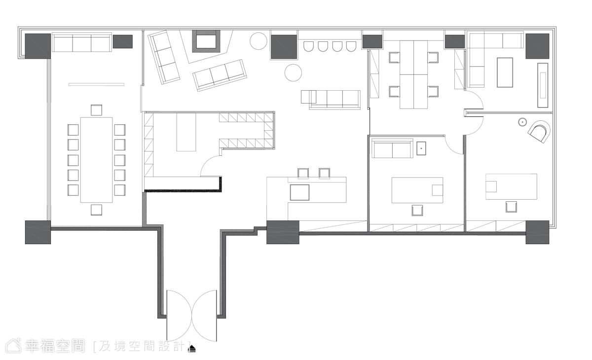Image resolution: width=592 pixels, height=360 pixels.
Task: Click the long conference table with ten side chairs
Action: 97,160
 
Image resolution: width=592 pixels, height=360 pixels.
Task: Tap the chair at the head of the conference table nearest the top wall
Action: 97,110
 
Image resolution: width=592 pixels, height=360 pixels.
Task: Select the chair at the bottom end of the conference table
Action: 97,210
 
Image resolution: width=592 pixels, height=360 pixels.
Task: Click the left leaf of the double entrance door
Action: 179,316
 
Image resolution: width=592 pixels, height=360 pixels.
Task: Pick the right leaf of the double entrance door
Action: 205,316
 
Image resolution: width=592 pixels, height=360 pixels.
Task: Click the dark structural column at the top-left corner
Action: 38,46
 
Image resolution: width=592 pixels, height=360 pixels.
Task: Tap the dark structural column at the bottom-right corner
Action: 537,232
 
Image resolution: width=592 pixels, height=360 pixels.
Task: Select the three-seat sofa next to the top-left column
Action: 82,42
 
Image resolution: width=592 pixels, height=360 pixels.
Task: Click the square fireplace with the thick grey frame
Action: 206,41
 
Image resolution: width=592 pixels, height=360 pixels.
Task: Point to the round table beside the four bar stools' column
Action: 293,72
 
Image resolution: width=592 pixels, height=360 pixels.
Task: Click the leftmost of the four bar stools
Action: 308,46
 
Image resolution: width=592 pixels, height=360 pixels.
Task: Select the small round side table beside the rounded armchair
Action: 522,122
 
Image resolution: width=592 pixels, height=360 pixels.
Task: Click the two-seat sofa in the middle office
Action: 392,149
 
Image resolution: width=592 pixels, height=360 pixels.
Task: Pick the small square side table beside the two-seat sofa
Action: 421,148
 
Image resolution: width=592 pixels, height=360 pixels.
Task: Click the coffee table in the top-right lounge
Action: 505,72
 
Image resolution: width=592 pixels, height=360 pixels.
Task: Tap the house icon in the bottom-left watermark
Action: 13,346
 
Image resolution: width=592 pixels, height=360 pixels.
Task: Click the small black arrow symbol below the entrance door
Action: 192,349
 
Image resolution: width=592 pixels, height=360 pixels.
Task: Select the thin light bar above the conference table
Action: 97,84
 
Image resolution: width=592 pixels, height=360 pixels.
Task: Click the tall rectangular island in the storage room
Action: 186,132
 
